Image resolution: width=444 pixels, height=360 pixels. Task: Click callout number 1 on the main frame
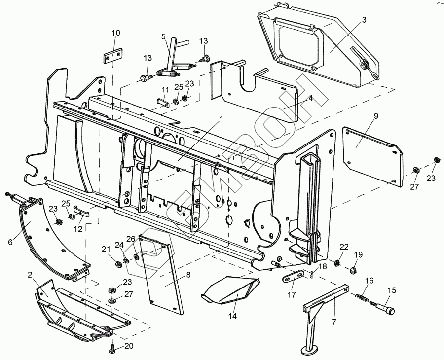(222, 119)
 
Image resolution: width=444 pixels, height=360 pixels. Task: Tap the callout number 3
(364, 20)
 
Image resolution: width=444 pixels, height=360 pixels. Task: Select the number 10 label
(115, 33)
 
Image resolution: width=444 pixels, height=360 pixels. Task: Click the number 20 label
(129, 346)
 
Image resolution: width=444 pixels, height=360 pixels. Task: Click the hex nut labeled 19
(353, 270)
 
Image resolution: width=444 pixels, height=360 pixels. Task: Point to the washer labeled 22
(337, 261)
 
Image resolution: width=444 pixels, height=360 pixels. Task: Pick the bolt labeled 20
(112, 350)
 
